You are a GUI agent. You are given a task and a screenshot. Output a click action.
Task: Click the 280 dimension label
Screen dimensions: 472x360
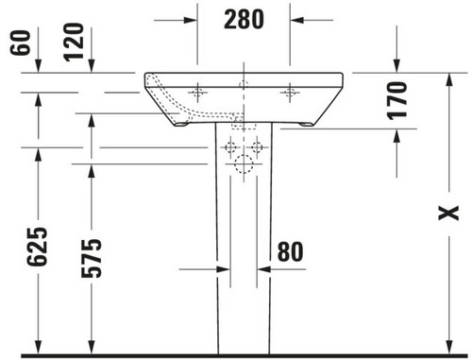tap(244, 19)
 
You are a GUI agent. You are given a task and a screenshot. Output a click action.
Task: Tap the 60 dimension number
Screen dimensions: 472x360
tap(21, 43)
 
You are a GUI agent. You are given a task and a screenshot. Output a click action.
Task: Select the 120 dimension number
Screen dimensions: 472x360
tap(74, 42)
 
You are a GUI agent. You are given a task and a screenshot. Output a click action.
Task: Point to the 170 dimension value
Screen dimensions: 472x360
tap(396, 100)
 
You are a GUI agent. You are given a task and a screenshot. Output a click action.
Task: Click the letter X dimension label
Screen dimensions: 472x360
tap(448, 214)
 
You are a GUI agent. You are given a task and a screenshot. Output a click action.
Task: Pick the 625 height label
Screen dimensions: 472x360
tap(37, 247)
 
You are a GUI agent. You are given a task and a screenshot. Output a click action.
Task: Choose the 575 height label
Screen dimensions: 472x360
tap(92, 258)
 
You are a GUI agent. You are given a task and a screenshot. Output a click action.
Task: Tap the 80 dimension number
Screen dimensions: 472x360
tap(290, 251)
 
